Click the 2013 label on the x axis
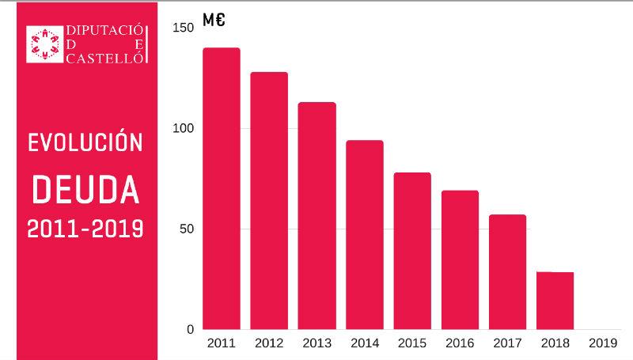click(x=316, y=343)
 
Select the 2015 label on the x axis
click(x=412, y=343)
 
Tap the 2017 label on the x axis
click(x=507, y=343)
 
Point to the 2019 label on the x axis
click(x=603, y=343)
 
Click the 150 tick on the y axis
click(x=183, y=28)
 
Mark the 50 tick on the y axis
click(x=186, y=229)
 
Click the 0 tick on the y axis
click(x=190, y=329)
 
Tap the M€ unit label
click(x=214, y=21)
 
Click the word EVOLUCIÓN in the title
click(x=85, y=142)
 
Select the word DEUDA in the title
click(x=85, y=188)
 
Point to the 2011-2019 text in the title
click(x=85, y=229)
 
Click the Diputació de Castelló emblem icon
click(x=45, y=44)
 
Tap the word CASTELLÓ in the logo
click(x=103, y=58)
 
